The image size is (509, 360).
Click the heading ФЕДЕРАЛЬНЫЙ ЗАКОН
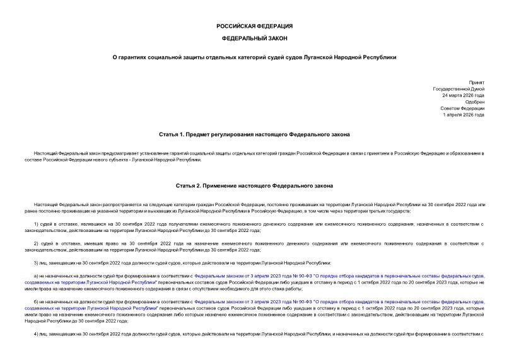[254, 39]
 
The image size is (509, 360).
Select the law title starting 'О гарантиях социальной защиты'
[254, 57]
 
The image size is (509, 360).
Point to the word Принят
[477, 82]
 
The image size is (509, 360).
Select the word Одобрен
[474, 102]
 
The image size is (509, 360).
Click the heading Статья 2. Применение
[254, 187]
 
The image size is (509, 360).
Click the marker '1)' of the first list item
[37, 224]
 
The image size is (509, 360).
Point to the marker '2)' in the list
[37, 243]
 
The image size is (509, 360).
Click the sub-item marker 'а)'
[36, 276]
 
